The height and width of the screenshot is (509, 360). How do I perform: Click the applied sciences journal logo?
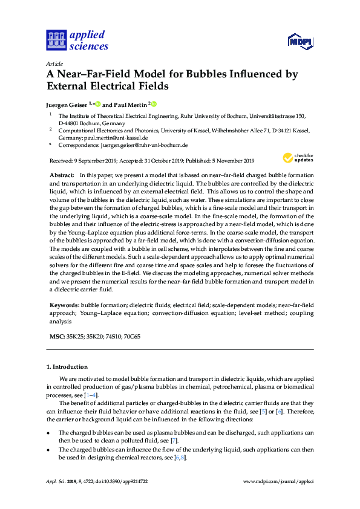pos(77,40)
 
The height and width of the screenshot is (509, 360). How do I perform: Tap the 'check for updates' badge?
pos(298,158)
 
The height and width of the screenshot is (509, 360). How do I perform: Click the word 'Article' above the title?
pos(54,63)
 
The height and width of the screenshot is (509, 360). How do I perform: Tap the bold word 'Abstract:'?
pos(61,174)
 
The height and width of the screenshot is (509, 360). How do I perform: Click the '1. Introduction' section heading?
pos(67,366)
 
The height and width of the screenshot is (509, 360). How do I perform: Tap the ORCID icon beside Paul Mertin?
pos(154,103)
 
